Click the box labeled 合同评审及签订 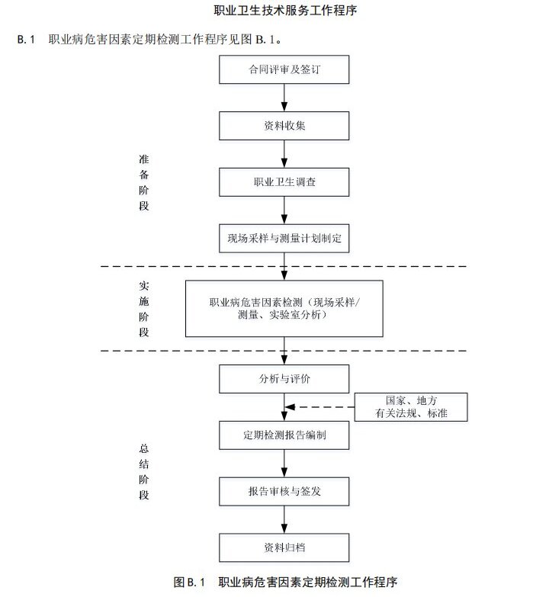click(284, 69)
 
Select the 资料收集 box click(284, 126)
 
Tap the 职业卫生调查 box click(284, 182)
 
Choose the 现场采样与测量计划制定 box click(284, 239)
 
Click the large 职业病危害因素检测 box click(284, 309)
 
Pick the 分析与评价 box click(284, 379)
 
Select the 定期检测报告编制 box click(284, 435)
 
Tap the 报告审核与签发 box click(284, 492)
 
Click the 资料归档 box click(284, 548)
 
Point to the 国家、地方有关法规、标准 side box click(411, 407)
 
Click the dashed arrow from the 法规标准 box click(319, 407)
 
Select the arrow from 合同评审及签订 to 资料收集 click(284, 98)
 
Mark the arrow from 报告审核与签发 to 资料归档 click(284, 520)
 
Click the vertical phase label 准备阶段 click(143, 183)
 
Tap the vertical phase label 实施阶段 click(143, 309)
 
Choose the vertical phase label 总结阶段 click(143, 472)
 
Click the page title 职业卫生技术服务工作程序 click(285, 10)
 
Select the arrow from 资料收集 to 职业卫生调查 click(284, 154)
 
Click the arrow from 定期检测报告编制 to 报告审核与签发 click(284, 464)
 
